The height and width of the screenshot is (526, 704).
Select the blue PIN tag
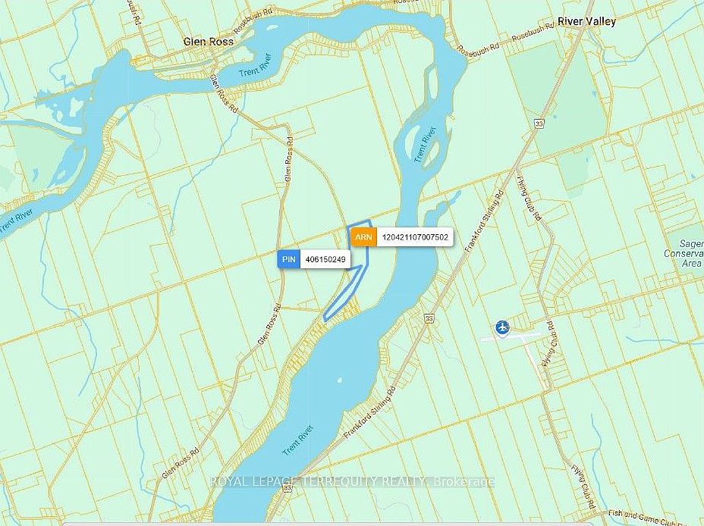[288, 259]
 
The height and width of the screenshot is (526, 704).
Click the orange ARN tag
[363, 237]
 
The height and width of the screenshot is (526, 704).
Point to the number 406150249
[325, 259]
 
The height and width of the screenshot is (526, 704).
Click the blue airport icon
[501, 327]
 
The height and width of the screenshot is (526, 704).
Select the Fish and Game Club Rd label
[658, 520]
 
